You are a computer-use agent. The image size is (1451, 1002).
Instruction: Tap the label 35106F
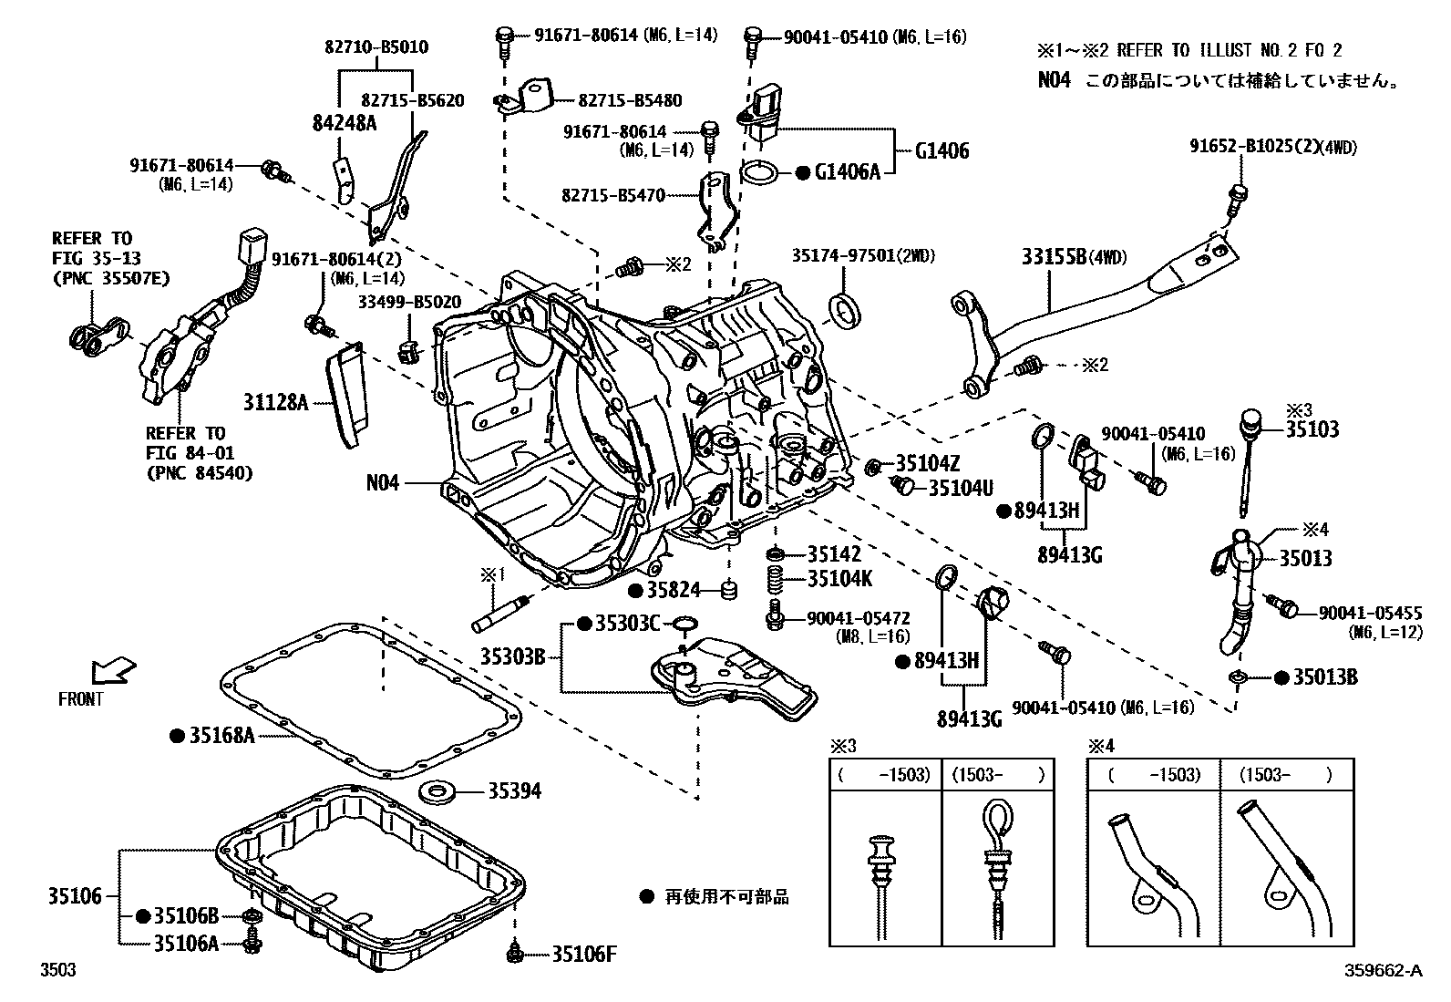pyautogui.click(x=584, y=955)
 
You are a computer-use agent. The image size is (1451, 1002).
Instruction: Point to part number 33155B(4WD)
pyautogui.click(x=1073, y=259)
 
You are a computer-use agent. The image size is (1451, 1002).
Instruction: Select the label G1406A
pyautogui.click(x=848, y=172)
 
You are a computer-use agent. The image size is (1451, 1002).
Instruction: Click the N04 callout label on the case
pyautogui.click(x=383, y=483)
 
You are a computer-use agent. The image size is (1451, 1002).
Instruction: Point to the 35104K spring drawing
pyautogui.click(x=776, y=579)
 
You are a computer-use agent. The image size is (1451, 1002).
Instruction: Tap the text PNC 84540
pyautogui.click(x=199, y=472)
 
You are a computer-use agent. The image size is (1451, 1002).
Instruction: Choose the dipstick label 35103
pyautogui.click(x=1313, y=430)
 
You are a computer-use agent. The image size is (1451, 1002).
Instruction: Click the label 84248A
pyautogui.click(x=343, y=124)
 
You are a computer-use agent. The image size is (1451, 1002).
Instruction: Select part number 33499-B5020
pyautogui.click(x=408, y=302)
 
